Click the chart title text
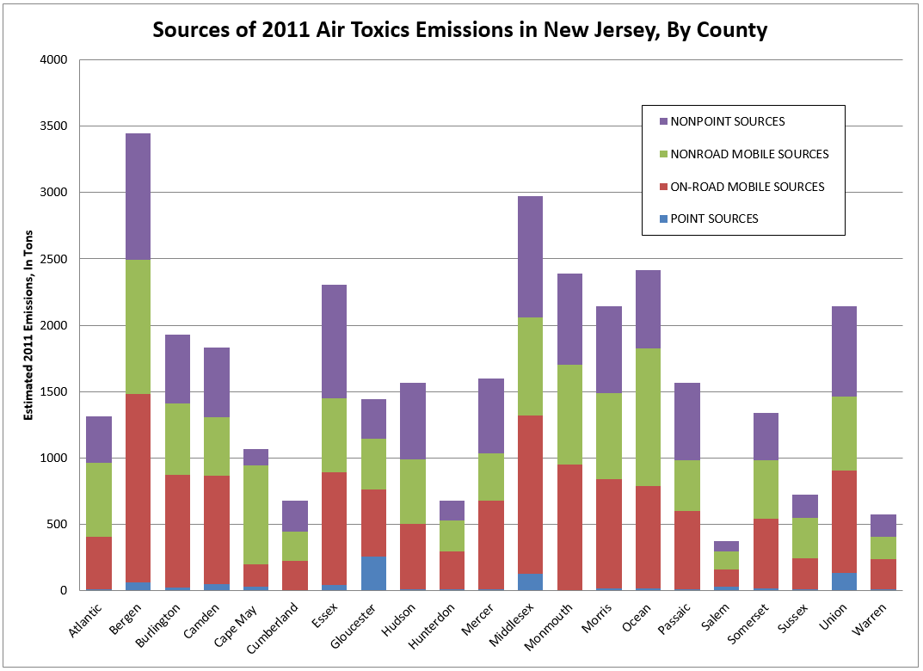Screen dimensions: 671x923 click(x=459, y=29)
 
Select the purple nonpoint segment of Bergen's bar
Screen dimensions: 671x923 click(x=138, y=196)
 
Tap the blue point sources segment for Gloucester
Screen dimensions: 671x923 click(x=373, y=574)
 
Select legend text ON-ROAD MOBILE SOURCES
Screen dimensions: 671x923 click(x=748, y=187)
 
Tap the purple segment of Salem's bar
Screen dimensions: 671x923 click(x=727, y=546)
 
